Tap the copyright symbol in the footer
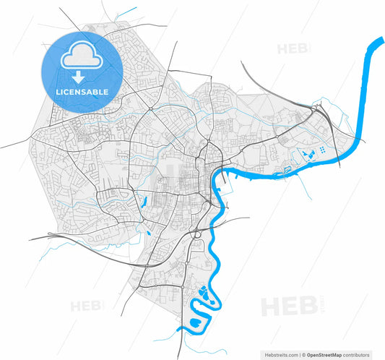(x=304, y=355)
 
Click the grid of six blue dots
(x=321, y=148)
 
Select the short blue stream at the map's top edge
(x=127, y=12)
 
